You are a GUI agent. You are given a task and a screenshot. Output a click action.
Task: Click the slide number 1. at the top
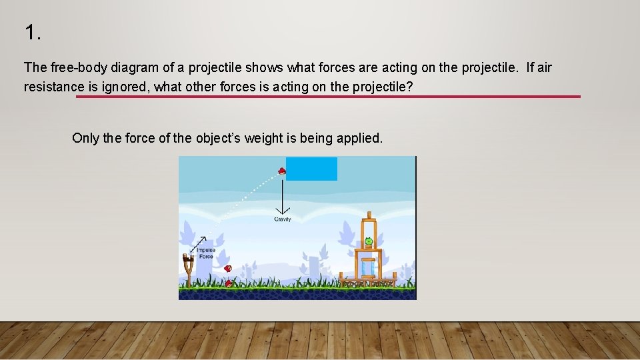coord(33,32)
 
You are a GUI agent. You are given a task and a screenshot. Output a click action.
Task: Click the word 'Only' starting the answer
coord(85,138)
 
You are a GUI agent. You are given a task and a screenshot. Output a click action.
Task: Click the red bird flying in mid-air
coord(282,171)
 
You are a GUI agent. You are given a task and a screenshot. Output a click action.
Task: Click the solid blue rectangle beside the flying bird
coord(311,169)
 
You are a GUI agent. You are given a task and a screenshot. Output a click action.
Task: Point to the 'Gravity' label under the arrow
coord(283,219)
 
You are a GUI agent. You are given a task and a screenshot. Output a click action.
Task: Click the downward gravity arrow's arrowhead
coord(283,211)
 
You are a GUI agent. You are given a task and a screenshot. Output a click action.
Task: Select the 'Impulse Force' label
coord(205,253)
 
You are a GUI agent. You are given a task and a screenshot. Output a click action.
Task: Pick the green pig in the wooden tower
coord(369,241)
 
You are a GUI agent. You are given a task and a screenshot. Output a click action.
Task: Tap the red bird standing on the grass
coord(229,283)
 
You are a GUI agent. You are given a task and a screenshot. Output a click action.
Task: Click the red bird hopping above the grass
coord(228,268)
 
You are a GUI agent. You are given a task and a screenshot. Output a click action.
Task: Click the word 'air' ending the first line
coord(543,67)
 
